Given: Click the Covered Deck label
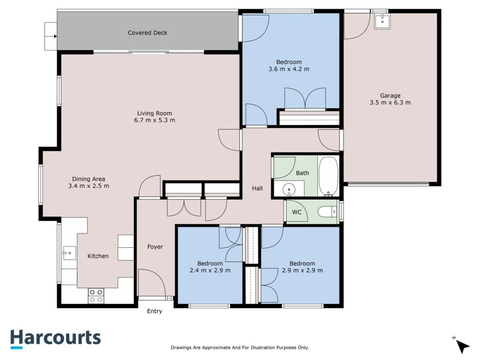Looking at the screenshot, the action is [147, 33].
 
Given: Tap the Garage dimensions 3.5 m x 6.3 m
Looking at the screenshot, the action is [390, 102].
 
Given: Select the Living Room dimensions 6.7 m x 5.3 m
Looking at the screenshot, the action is [154, 120].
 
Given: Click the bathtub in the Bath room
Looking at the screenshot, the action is [328, 176].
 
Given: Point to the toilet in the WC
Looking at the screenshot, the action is [327, 212].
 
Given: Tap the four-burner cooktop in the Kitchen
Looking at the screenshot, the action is [96, 296].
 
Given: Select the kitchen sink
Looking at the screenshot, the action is [70, 253].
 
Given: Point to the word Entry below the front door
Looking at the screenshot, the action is [154, 311].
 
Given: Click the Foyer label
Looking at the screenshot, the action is [155, 247].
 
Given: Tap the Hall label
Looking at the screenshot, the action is [257, 188].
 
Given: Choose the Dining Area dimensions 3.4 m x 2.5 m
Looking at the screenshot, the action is [88, 186].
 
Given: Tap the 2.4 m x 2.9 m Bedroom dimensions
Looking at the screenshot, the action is [210, 270].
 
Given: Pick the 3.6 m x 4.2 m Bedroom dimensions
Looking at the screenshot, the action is [289, 69].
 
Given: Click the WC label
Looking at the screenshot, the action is [297, 212].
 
